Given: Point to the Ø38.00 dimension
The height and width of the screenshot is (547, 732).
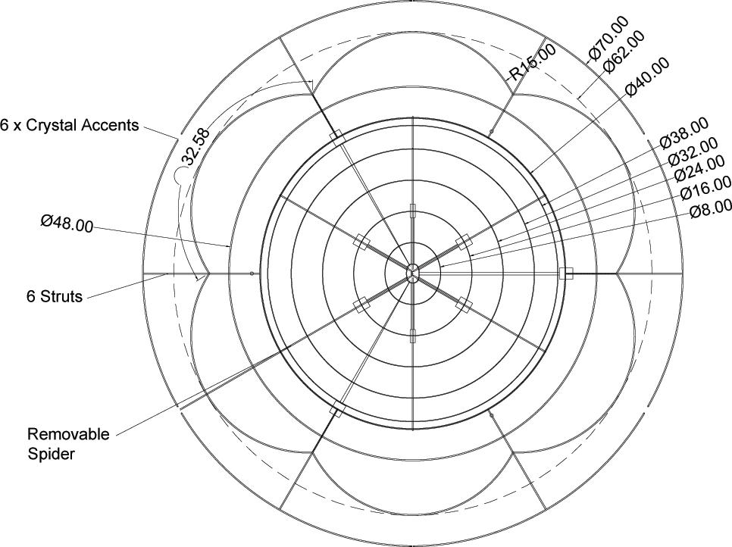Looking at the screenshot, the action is tap(684, 133).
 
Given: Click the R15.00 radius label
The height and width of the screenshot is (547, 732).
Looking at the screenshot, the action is tap(532, 62).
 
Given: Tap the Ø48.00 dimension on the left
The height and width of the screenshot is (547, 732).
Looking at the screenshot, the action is tap(67, 223).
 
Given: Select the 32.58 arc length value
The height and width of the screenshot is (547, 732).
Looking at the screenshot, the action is tap(196, 146).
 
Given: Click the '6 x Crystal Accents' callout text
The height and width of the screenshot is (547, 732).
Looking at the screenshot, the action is tap(70, 126).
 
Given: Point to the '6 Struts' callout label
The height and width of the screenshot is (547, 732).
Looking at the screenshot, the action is tap(53, 296).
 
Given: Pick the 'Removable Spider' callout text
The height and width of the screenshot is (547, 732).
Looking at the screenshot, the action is tap(68, 444).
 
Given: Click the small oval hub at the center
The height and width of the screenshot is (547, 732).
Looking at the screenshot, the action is tap(412, 272).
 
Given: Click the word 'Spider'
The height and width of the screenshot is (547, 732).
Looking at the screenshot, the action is tap(48, 454).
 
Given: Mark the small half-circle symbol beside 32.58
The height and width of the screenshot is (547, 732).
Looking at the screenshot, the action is tap(180, 177).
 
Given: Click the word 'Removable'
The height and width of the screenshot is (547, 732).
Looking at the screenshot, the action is tap(68, 434).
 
